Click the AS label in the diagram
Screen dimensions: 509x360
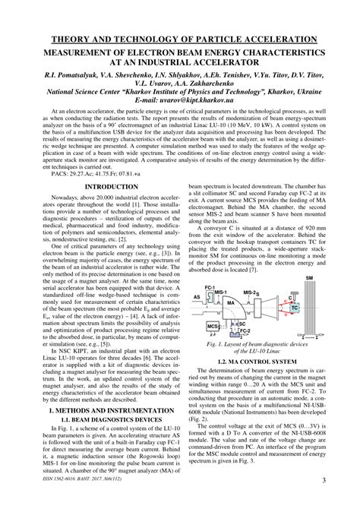click(196, 277)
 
